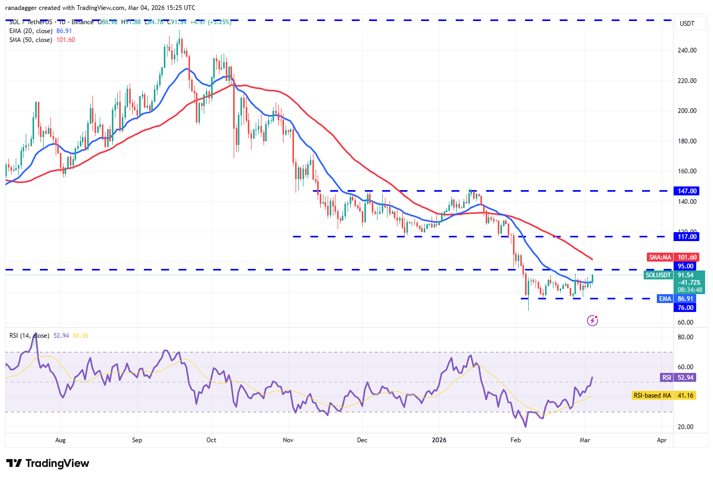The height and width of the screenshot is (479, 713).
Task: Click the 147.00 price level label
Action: click(687, 191)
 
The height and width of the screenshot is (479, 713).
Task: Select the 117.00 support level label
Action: click(687, 237)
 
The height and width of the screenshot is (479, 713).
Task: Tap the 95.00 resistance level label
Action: click(686, 266)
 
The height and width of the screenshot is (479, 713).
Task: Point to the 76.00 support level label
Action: click(686, 308)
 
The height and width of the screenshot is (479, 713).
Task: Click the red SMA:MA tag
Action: click(660, 257)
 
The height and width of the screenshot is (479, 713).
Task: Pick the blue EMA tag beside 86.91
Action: click(665, 299)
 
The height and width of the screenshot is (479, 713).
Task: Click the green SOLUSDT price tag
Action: click(658, 275)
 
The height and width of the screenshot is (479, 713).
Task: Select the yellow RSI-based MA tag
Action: click(652, 395)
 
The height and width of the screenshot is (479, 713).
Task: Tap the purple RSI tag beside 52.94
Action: click(666, 378)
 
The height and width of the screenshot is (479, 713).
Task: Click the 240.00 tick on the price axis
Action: click(687, 50)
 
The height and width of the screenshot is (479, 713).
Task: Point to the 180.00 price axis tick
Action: click(687, 141)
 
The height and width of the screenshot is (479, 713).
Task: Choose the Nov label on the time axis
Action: click(288, 440)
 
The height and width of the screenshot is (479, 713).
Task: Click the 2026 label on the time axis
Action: click(439, 440)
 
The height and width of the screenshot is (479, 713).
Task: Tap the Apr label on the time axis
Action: click(662, 440)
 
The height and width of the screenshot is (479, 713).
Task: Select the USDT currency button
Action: click(687, 24)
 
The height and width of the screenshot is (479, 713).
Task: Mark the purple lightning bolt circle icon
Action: click(592, 320)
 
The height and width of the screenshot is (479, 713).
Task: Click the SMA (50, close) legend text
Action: click(30, 40)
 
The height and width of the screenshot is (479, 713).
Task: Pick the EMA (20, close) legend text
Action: click(30, 31)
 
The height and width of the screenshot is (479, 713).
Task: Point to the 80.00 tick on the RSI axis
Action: click(686, 337)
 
